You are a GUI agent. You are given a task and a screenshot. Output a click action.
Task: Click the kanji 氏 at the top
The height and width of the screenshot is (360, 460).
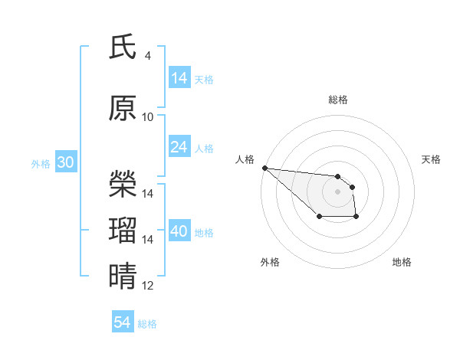click(123, 47)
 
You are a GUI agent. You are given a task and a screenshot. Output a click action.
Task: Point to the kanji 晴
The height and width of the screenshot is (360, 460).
click(123, 277)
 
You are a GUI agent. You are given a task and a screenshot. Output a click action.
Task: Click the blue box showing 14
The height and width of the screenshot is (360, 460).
click(179, 78)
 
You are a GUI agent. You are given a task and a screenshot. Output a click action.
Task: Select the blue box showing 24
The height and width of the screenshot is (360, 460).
click(179, 148)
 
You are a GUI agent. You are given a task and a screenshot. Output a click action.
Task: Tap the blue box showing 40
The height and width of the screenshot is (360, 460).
click(179, 232)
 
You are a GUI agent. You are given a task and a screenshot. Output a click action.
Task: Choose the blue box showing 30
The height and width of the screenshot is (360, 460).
click(65, 163)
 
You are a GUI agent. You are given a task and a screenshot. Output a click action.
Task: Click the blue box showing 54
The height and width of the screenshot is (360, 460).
click(122, 323)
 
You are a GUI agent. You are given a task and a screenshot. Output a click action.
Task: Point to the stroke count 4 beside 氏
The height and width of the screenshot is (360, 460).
click(147, 56)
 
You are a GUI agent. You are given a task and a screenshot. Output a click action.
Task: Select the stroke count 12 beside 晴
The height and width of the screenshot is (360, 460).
click(148, 286)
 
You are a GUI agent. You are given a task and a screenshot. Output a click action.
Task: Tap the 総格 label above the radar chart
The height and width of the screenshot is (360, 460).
click(337, 100)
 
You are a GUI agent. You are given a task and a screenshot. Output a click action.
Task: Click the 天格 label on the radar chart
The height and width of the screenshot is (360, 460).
click(432, 159)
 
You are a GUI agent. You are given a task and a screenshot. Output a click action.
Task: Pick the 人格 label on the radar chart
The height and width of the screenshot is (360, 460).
click(245, 159)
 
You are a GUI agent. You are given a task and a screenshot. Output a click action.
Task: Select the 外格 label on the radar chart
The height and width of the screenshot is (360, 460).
click(269, 262)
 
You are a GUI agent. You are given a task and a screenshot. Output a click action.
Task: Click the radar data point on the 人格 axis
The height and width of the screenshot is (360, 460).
click(264, 168)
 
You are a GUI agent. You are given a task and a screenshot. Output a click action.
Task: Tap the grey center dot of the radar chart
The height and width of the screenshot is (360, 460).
click(337, 191)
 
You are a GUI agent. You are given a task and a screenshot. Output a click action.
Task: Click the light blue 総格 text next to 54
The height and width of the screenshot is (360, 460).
click(147, 324)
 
